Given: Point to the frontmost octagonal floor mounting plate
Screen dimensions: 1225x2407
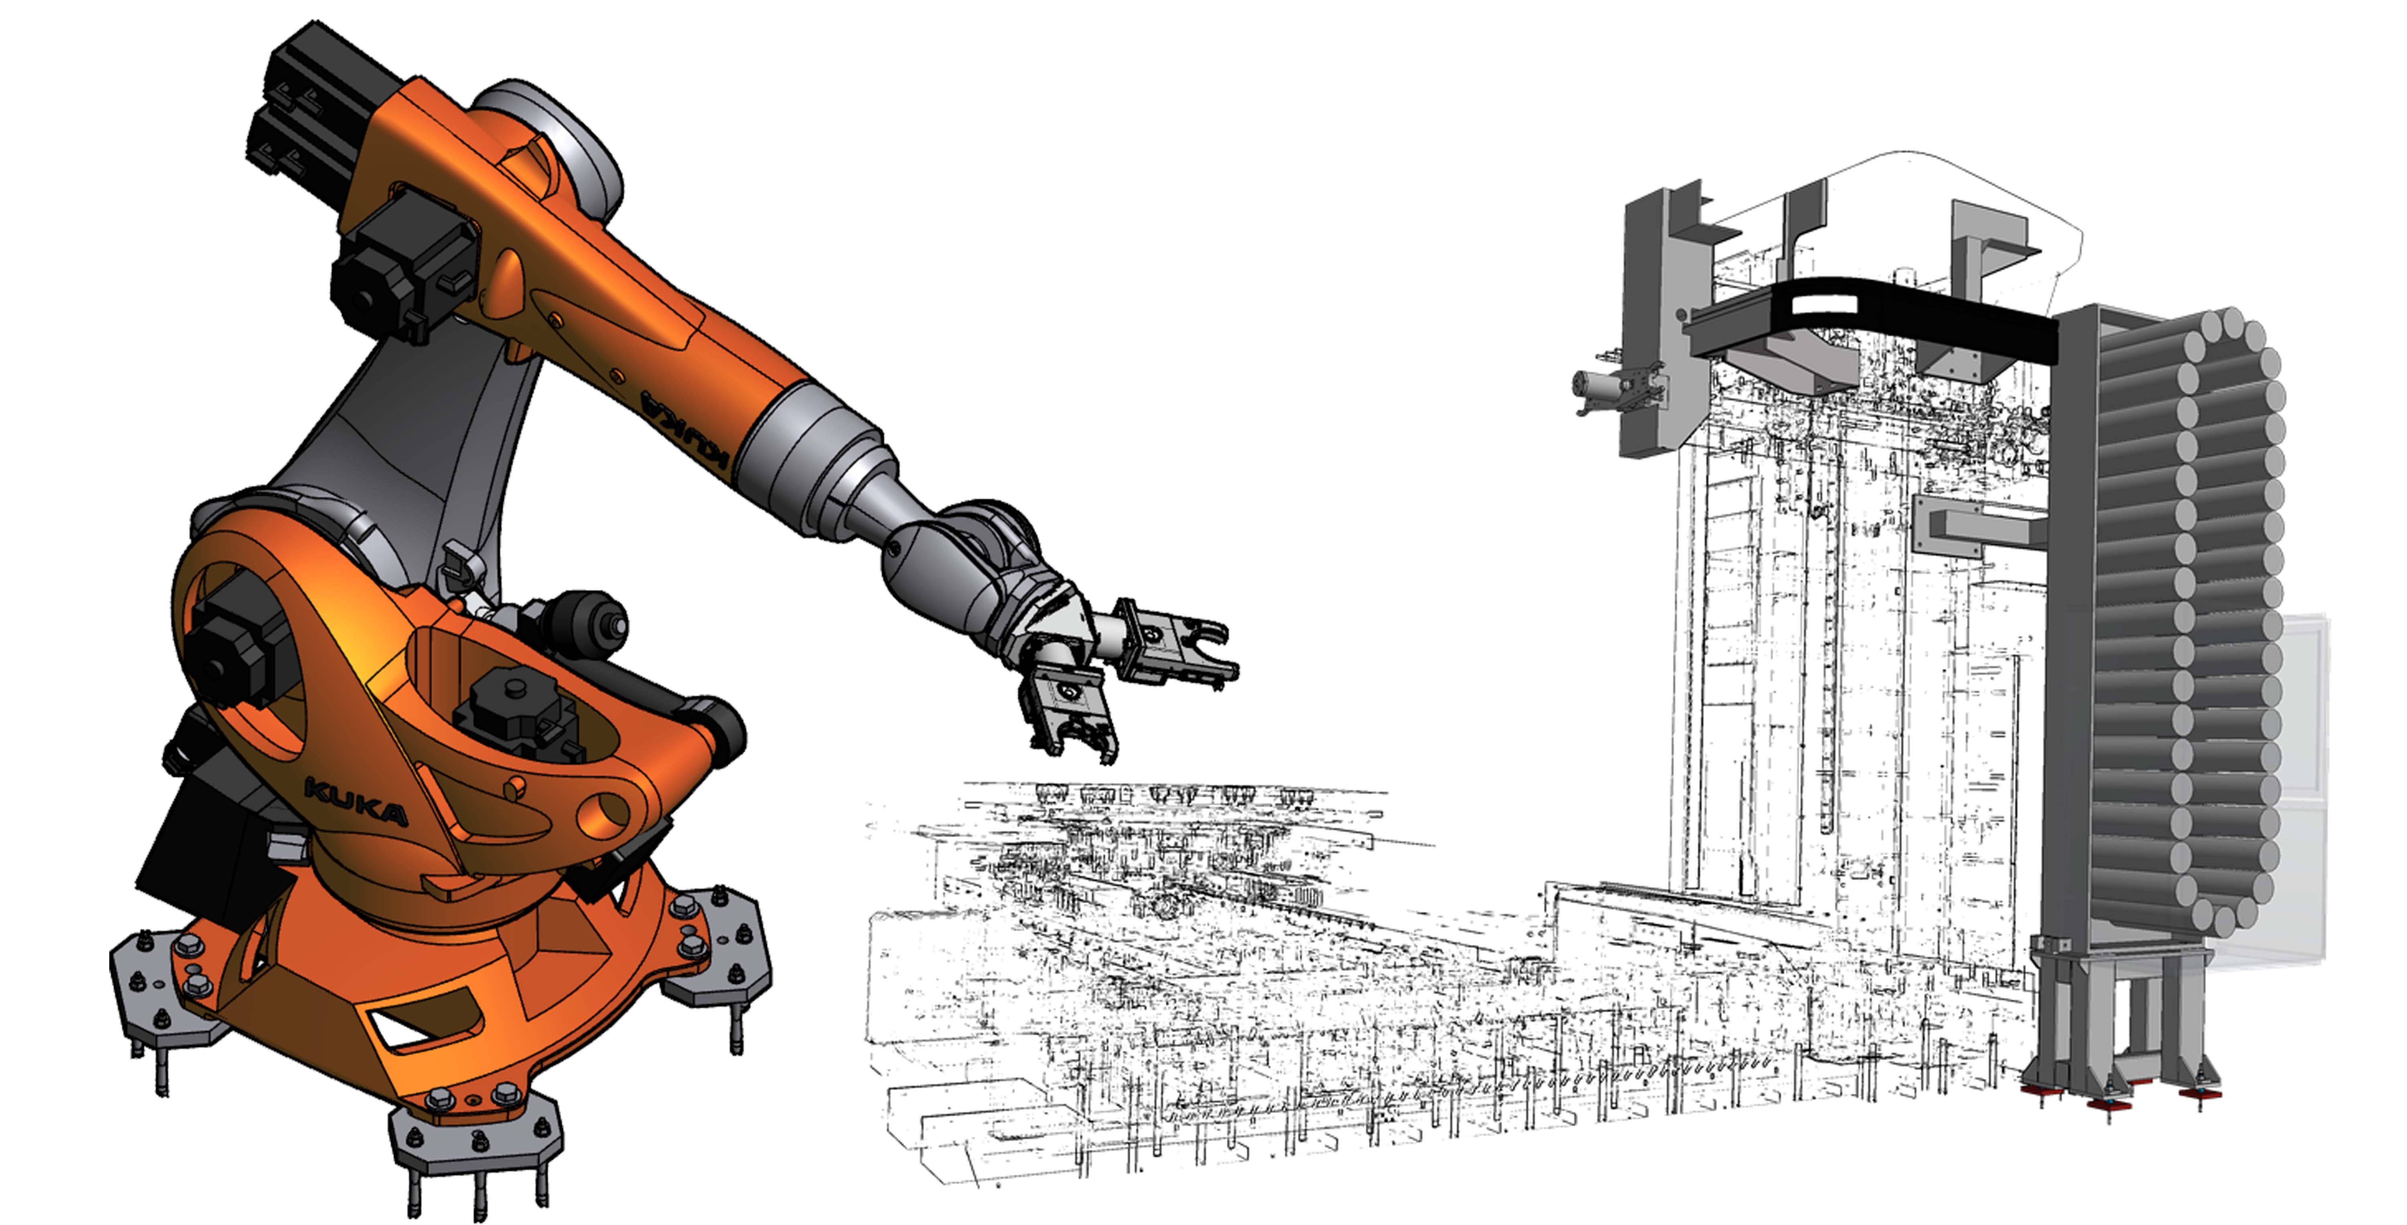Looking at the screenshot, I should [477, 1135].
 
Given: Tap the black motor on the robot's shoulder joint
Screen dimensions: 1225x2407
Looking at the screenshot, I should [229, 645].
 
